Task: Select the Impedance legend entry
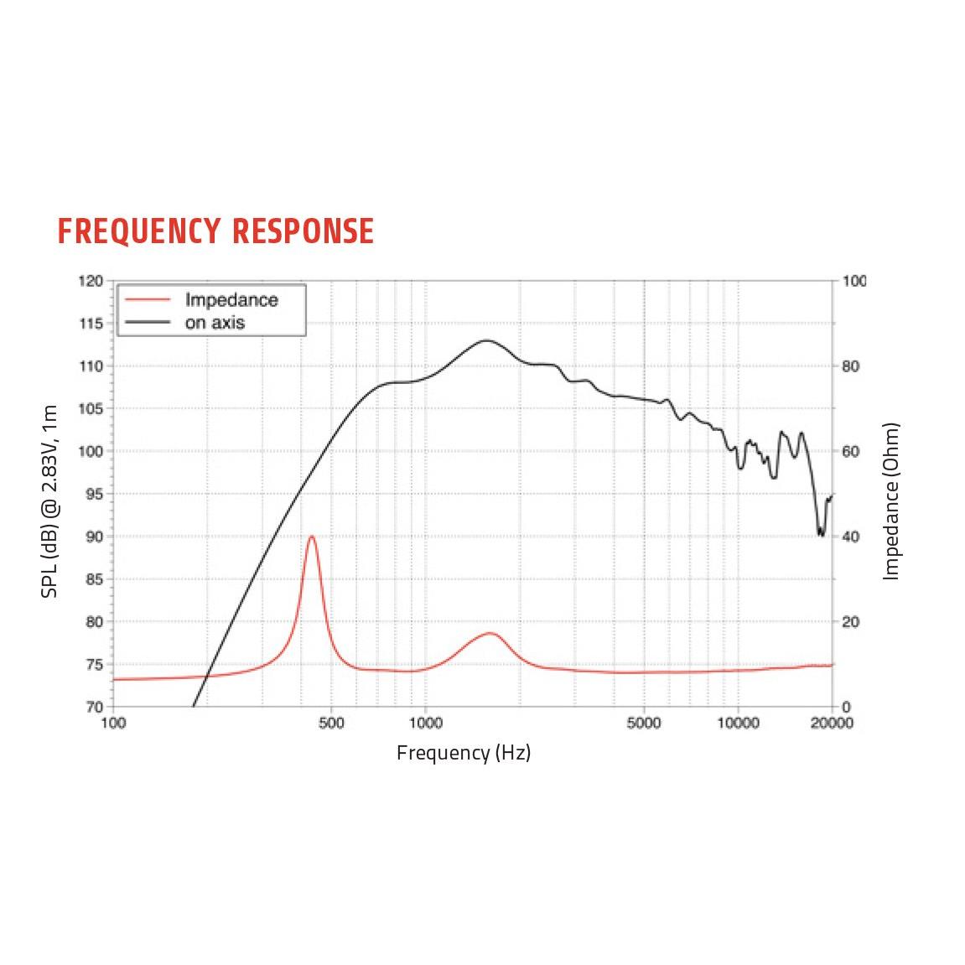[231, 300]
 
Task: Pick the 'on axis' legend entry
[215, 323]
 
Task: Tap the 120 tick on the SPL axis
[91, 282]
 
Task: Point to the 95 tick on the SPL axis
[93, 494]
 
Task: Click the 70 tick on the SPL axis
[93, 707]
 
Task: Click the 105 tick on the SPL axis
[91, 409]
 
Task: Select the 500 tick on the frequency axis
[331, 724]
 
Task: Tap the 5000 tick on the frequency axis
[643, 724]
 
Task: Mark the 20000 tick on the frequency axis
[832, 724]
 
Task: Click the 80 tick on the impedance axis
[851, 366]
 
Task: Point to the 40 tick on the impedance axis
[851, 537]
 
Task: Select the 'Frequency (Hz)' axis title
[464, 753]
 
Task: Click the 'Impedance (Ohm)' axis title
[891, 501]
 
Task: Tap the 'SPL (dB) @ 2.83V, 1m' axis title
[50, 501]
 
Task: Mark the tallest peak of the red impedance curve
[312, 537]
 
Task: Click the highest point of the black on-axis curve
[486, 340]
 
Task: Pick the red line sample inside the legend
[148, 300]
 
